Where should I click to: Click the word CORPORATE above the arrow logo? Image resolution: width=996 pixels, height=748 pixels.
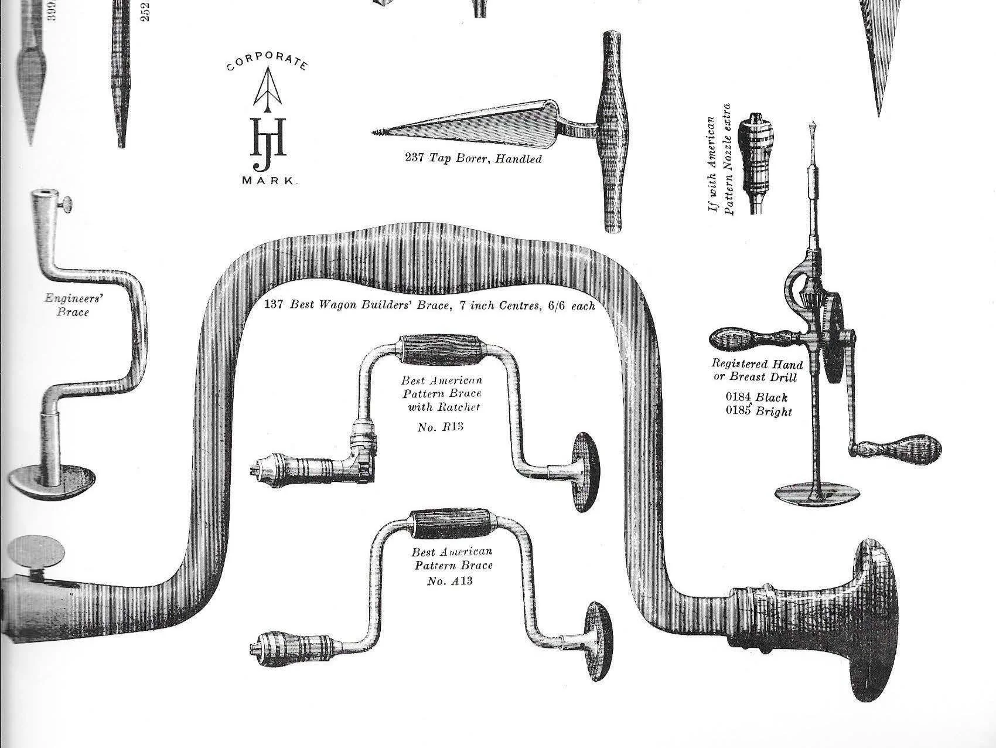tap(267, 62)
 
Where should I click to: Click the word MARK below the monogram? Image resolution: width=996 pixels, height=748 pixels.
tap(268, 181)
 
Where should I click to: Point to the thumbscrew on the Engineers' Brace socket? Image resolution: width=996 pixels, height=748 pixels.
tap(68, 205)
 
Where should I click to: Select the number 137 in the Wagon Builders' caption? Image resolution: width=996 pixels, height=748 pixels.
tap(274, 305)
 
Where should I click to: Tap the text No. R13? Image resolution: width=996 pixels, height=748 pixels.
tap(440, 427)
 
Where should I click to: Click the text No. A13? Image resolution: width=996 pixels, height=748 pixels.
tap(451, 581)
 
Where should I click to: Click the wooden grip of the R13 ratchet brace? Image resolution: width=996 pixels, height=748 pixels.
tap(439, 351)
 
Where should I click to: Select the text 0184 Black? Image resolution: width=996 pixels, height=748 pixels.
tap(756, 397)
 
